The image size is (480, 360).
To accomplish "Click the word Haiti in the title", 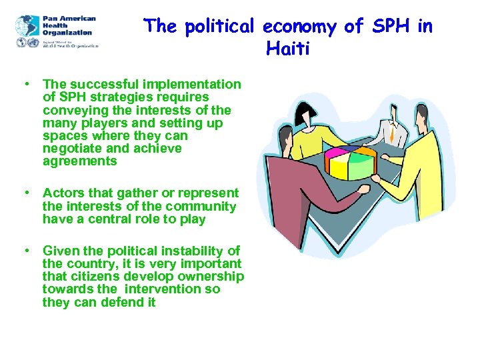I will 287,48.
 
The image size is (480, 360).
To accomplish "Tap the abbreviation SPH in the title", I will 391,27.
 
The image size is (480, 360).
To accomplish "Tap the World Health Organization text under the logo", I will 69,45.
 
